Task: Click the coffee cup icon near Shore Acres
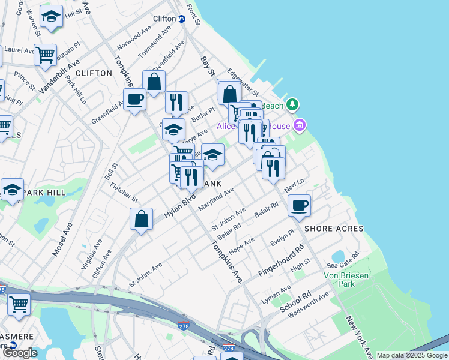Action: [x=299, y=206]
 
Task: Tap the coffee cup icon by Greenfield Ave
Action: [x=134, y=100]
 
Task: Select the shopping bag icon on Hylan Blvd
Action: [x=141, y=219]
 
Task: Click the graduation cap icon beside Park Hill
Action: [x=12, y=190]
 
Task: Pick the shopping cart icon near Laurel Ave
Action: [x=45, y=55]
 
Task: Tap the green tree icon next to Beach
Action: [x=292, y=105]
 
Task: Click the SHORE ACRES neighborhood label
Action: [x=334, y=229]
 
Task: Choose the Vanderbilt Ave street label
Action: [x=59, y=76]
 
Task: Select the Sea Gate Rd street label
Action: [x=343, y=259]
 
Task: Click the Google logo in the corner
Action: [x=20, y=353]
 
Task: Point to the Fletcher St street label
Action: [x=124, y=191]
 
